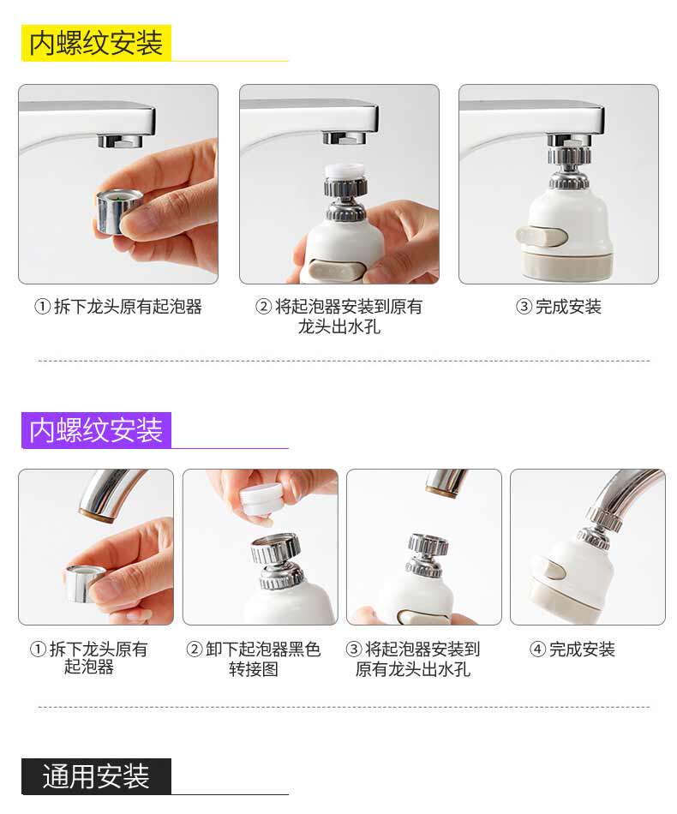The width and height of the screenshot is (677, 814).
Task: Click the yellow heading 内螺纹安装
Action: [96, 43]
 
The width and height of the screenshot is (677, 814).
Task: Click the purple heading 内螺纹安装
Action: [96, 430]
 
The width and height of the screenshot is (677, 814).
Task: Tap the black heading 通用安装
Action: [96, 776]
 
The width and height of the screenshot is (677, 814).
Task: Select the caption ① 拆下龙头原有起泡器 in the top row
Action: [118, 307]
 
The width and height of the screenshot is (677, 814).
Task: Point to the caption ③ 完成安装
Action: [559, 307]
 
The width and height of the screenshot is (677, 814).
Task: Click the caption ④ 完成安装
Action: [572, 649]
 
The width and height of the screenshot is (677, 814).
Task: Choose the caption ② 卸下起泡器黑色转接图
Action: [254, 659]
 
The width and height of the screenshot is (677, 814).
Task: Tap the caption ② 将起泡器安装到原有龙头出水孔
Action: [339, 316]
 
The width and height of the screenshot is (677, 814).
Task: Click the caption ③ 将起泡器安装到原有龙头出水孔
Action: [413, 659]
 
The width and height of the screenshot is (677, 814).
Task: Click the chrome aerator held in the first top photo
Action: [118, 211]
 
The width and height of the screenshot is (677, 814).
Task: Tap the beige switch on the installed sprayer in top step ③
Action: [542, 236]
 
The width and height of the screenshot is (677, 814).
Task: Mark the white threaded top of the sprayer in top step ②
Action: [344, 172]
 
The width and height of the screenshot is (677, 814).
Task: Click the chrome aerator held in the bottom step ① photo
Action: [85, 584]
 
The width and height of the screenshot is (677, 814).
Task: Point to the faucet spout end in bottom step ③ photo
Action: [441, 489]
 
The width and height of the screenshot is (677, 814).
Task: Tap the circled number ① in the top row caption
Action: [42, 307]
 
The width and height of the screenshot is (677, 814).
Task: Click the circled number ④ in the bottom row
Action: [537, 649]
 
